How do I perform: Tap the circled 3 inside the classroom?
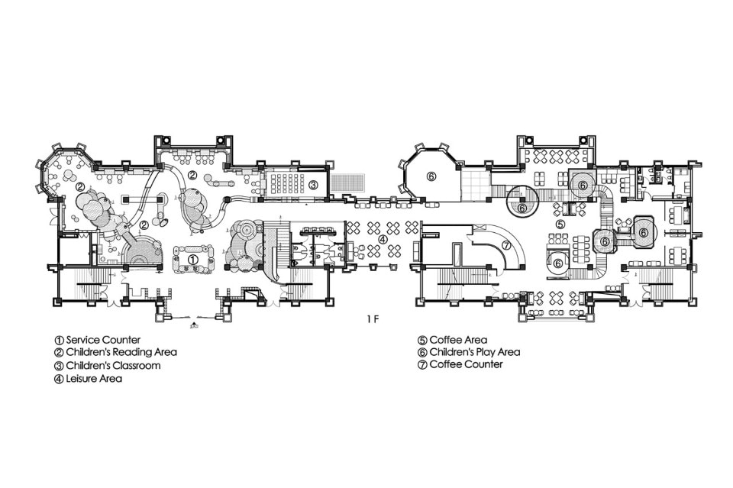click(313, 185)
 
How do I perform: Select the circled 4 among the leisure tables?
click(383, 239)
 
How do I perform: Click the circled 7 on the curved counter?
click(505, 245)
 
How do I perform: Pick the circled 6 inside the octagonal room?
click(431, 176)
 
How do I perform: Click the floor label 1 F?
click(372, 320)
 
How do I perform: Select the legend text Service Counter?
click(103, 340)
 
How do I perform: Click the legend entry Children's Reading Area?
click(121, 352)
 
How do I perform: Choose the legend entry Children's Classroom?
click(113, 366)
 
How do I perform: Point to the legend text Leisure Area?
click(94, 378)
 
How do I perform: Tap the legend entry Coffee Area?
click(458, 340)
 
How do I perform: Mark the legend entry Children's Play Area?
click(474, 352)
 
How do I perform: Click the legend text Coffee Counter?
click(466, 364)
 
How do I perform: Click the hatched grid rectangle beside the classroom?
click(348, 183)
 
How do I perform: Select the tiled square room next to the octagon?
click(475, 183)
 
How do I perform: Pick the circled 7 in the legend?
click(422, 364)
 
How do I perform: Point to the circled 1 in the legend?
click(60, 341)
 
